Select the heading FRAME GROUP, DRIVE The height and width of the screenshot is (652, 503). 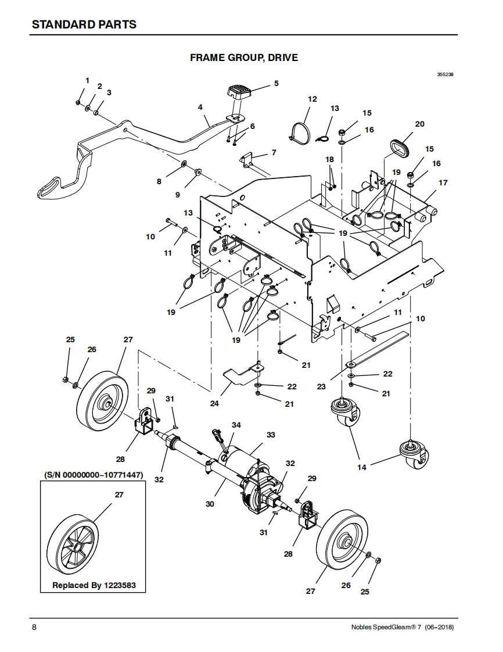tap(244, 58)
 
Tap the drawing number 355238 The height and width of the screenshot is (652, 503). tap(445, 75)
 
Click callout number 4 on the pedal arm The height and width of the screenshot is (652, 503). tap(200, 108)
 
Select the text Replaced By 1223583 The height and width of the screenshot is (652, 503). tap(94, 585)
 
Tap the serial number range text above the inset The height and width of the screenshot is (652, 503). tap(94, 475)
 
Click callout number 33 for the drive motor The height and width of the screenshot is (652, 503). tap(271, 435)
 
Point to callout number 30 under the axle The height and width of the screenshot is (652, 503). tap(210, 504)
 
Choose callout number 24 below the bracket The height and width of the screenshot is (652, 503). tap(214, 403)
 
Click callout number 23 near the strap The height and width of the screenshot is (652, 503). tap(321, 386)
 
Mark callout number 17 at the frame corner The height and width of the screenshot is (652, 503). tap(443, 182)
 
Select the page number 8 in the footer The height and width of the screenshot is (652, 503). tap(34, 627)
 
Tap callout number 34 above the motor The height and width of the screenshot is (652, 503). tap(236, 425)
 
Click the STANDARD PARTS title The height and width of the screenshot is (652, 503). tap(84, 24)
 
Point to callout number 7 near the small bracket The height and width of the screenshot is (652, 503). tap(274, 153)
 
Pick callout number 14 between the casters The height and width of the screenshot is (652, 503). tap(362, 467)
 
